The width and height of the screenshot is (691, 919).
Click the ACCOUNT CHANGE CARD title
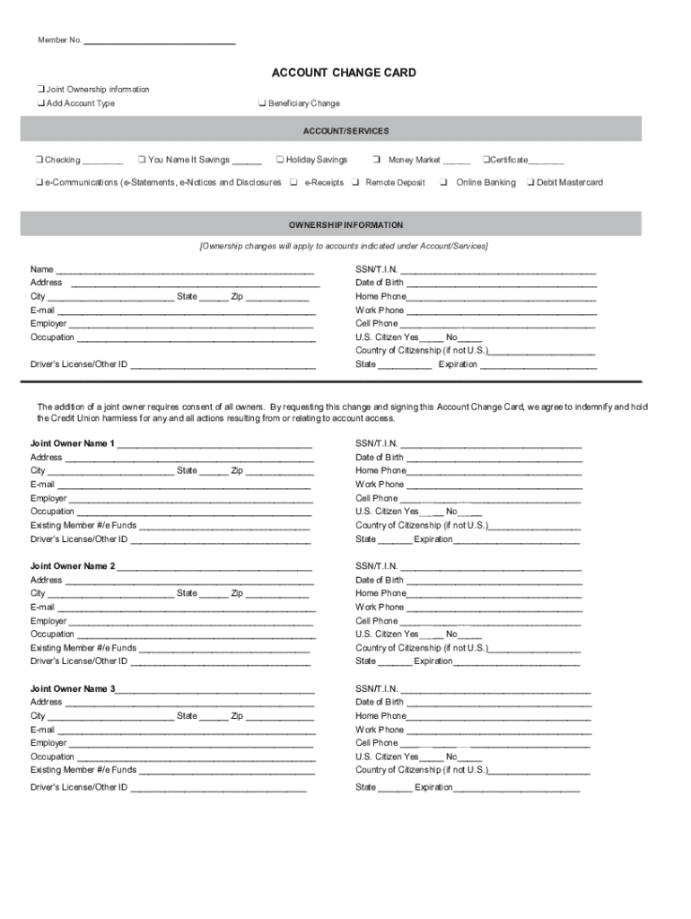point(344,73)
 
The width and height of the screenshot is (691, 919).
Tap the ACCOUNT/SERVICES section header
point(345,131)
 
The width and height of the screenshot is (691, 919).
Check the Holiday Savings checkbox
point(280,160)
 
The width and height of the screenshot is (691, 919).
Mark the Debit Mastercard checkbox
point(530,182)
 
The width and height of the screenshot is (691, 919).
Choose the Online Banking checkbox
point(443,182)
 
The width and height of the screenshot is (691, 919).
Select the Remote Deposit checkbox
point(356,182)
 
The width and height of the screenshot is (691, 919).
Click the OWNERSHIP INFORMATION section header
point(345,225)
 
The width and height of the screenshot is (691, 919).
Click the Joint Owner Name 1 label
point(73,443)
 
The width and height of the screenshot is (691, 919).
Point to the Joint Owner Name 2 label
point(73,566)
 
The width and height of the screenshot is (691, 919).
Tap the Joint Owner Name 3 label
point(73,689)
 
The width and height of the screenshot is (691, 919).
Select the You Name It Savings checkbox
point(142,160)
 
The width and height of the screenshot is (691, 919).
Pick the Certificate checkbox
point(485,160)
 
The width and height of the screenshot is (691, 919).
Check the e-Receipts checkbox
point(293,182)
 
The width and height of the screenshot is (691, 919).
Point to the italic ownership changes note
point(344,246)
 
